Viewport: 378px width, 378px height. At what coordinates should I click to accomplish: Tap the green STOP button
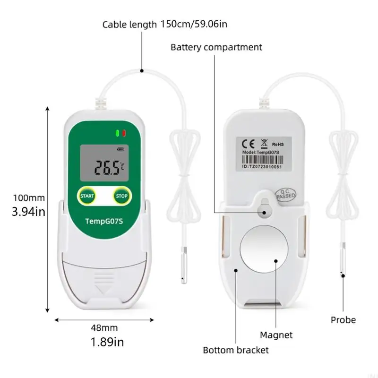(122, 196)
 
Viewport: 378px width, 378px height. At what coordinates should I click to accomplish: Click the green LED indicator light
(118, 133)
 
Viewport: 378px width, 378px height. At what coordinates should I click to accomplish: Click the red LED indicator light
(124, 133)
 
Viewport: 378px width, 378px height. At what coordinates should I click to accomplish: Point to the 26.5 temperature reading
(107, 168)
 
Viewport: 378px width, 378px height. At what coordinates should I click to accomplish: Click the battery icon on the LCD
(120, 149)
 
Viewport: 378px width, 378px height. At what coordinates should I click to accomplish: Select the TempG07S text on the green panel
(104, 221)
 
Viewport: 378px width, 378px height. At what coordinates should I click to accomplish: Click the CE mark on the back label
(248, 144)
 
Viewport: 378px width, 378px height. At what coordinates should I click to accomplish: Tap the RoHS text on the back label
(278, 145)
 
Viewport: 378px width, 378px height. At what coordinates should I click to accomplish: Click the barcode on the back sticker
(263, 160)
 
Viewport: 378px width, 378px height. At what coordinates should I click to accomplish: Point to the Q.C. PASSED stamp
(286, 195)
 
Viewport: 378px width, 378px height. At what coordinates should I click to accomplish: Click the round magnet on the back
(264, 249)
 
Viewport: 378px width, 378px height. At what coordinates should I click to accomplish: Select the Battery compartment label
(216, 47)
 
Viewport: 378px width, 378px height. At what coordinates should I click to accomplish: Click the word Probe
(344, 320)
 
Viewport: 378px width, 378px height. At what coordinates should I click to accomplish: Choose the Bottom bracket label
(236, 350)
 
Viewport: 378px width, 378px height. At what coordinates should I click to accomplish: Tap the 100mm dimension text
(29, 198)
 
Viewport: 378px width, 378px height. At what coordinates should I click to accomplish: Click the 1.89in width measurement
(107, 342)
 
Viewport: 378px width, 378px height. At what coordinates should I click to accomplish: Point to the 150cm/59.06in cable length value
(194, 24)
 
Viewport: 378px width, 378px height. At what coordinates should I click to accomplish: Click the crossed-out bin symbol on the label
(264, 144)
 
